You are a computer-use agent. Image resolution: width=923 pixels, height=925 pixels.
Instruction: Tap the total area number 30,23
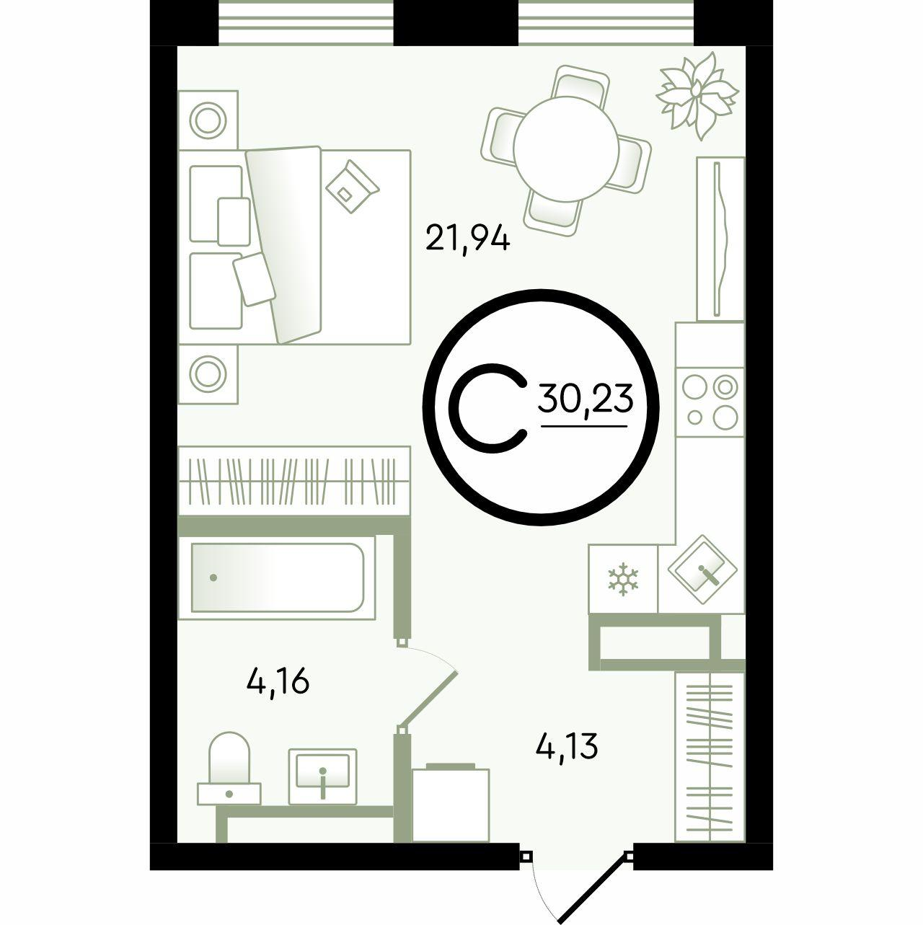pyautogui.click(x=585, y=399)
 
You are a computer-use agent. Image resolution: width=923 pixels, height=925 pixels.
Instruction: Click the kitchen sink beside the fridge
pyautogui.click(x=702, y=570)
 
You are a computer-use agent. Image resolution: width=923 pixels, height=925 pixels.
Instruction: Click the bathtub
pyautogui.click(x=277, y=577)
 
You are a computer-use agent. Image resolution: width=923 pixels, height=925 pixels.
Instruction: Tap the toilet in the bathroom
pyautogui.click(x=229, y=775)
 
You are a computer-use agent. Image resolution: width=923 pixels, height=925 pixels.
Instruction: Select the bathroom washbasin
pyautogui.click(x=323, y=776)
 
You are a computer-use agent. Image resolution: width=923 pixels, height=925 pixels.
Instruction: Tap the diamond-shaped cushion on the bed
pyautogui.click(x=353, y=187)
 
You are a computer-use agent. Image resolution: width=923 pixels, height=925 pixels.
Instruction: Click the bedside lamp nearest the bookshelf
pyautogui.click(x=208, y=373)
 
